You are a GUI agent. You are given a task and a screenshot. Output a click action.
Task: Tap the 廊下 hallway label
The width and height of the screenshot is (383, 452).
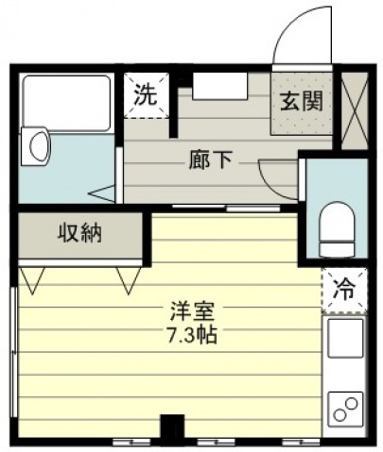(210, 160)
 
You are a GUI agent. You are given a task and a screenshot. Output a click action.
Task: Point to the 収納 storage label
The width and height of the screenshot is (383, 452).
(79, 233)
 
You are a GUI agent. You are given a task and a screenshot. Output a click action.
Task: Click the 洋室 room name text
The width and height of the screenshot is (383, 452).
(193, 310)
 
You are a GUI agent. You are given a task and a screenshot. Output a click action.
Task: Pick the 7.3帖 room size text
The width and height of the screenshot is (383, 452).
(192, 335)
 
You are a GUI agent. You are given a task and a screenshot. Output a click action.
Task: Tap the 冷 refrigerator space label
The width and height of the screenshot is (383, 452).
(345, 290)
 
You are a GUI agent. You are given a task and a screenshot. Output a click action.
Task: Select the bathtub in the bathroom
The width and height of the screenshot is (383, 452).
(67, 104)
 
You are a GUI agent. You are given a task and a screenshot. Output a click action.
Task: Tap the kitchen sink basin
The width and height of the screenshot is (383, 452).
(345, 338)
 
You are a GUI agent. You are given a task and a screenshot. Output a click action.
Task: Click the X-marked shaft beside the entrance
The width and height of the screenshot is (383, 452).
(355, 110)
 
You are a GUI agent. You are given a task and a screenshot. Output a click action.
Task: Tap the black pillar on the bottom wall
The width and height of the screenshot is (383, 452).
(172, 429)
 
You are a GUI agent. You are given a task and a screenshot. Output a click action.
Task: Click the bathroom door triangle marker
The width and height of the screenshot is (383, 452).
(103, 194)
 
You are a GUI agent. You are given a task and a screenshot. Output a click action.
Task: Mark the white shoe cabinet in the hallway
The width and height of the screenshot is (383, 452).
(220, 86)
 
